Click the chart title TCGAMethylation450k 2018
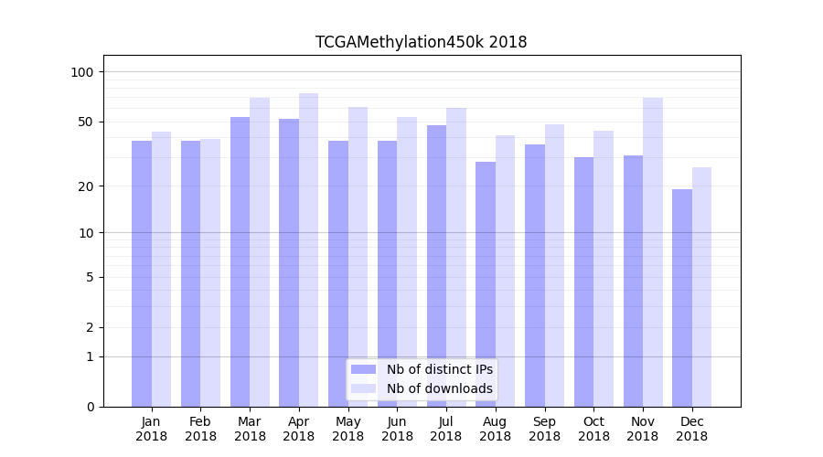[x=421, y=42]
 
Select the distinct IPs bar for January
[x=142, y=273]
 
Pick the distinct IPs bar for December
[x=682, y=298]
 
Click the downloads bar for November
[x=652, y=252]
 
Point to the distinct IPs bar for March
[x=240, y=261]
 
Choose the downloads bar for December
[x=701, y=287]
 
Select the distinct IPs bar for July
[x=436, y=266]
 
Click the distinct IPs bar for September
[x=535, y=275]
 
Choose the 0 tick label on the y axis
[x=90, y=407]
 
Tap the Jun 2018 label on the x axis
[x=397, y=429]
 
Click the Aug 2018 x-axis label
[x=495, y=429]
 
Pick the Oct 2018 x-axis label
[x=593, y=429]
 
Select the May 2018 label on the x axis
[x=347, y=429]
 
